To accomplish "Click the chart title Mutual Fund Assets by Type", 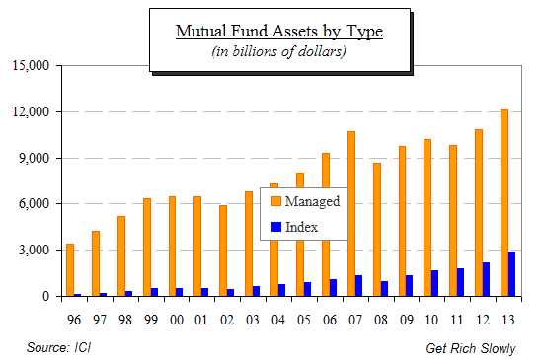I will tap(278, 32).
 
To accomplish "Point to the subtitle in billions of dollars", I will tap(278, 51).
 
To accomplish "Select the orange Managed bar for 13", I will tap(503, 203).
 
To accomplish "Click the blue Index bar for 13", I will tap(512, 273).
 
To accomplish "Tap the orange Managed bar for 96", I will tap(70, 269).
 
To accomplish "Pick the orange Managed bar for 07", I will tap(350, 213).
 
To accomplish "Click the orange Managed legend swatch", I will tap(276, 202).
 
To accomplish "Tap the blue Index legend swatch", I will tap(276, 228).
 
